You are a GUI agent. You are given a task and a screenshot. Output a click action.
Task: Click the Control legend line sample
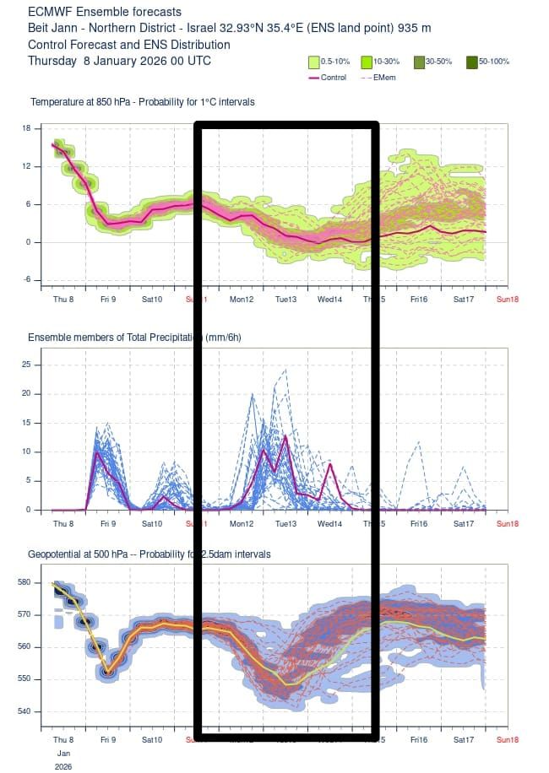pos(313,78)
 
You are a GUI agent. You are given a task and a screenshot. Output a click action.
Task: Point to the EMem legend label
pos(385,78)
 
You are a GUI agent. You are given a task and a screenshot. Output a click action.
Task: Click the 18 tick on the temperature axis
pos(25,128)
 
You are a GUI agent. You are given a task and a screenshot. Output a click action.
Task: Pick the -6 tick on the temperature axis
pos(25,279)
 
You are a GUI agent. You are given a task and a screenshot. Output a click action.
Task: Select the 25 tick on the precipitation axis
pos(25,365)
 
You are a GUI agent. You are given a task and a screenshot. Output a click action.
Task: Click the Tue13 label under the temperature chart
pos(285,300)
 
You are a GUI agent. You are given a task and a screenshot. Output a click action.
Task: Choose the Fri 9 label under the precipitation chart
pos(106,523)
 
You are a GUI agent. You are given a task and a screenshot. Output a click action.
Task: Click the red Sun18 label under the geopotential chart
pos(507,739)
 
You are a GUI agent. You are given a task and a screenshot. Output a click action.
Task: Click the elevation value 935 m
pos(414,28)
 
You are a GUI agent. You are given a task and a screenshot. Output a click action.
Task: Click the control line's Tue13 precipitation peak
pos(285,436)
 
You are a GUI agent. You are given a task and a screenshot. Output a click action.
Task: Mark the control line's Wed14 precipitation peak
pos(331,464)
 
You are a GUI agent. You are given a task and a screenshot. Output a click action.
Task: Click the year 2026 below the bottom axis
pos(63,767)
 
